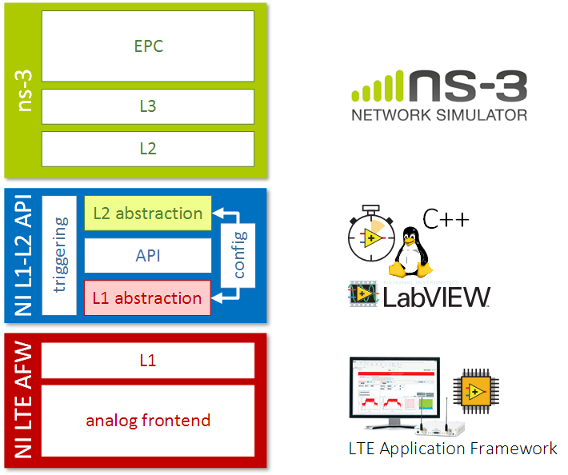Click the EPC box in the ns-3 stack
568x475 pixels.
pos(148,46)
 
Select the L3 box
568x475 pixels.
pos(148,106)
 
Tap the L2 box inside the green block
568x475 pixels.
pos(148,148)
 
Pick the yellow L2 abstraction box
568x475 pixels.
pos(148,214)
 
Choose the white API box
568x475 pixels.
pos(148,255)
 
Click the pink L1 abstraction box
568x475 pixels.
pos(148,297)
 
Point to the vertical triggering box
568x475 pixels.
pos(60,255)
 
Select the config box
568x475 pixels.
pos(238,254)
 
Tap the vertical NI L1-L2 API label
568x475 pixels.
pos(23,255)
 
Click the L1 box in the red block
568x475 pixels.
pos(148,361)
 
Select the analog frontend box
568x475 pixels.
pos(148,421)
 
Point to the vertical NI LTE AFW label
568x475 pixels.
pos(23,400)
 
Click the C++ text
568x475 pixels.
pos(446,218)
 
